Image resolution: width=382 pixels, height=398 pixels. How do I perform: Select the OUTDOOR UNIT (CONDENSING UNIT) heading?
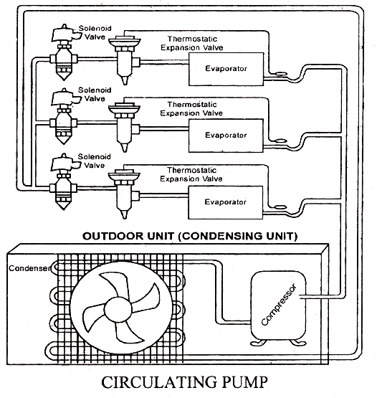[190, 235]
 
